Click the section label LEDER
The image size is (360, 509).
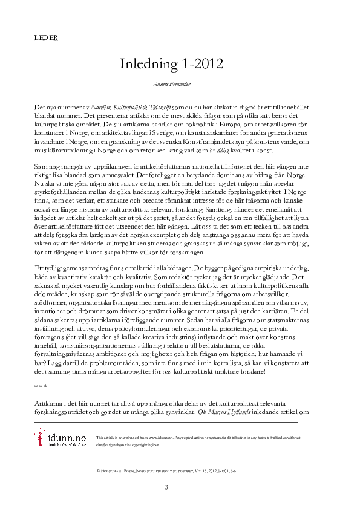pos(47,37)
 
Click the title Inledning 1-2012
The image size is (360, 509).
pos(172,63)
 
